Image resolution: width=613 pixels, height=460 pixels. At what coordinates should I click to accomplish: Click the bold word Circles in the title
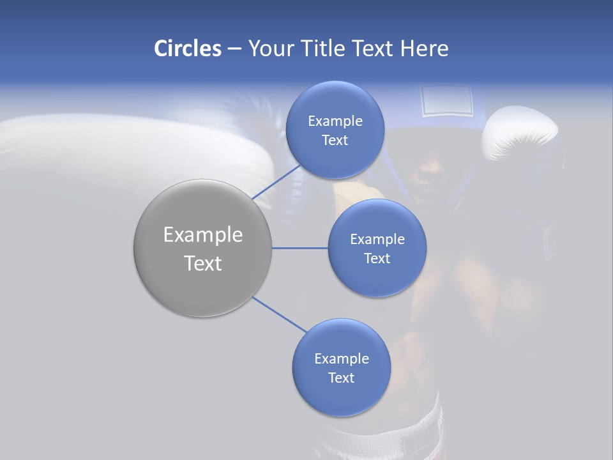(x=187, y=49)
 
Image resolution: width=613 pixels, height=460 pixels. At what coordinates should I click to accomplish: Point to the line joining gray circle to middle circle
(x=299, y=248)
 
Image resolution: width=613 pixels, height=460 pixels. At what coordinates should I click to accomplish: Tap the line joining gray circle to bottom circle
(x=278, y=314)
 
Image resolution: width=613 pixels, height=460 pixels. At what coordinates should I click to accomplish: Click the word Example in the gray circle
(x=203, y=235)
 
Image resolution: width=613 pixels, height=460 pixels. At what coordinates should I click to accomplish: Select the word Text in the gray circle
(x=203, y=263)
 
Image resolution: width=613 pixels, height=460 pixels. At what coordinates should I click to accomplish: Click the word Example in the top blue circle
(x=335, y=121)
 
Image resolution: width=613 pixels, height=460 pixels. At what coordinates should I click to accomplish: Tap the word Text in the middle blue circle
(x=377, y=258)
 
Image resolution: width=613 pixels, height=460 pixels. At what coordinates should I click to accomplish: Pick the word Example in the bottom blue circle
(x=341, y=358)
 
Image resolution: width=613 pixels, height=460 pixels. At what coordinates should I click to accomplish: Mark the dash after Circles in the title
(x=234, y=49)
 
